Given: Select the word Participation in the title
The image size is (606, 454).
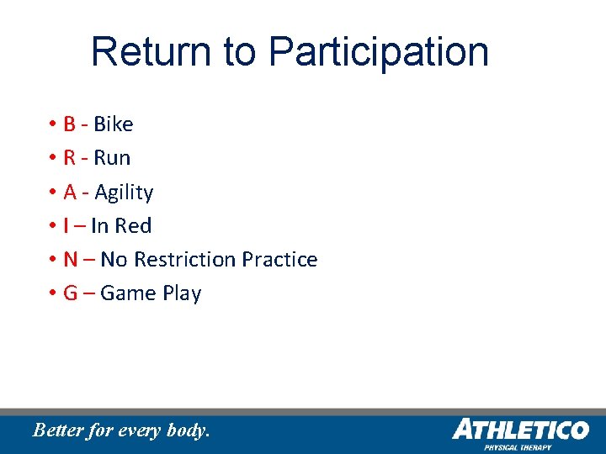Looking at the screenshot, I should [x=379, y=52].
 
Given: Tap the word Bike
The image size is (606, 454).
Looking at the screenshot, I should [x=114, y=124].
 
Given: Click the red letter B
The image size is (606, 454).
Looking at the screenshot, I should [x=69, y=124].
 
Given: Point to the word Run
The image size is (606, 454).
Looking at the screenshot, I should [x=112, y=158].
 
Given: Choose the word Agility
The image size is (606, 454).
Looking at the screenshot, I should [x=124, y=193].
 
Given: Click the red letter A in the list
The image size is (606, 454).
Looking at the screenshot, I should [x=70, y=193].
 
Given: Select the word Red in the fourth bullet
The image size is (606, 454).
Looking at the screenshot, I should [x=133, y=226].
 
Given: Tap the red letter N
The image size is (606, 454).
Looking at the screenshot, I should [x=71, y=260].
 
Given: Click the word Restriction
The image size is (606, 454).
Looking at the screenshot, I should [x=185, y=260].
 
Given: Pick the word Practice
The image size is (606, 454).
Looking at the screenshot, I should [x=279, y=260].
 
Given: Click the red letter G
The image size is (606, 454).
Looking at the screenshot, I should [x=71, y=293].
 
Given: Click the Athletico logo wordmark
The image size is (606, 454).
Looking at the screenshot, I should [x=520, y=430].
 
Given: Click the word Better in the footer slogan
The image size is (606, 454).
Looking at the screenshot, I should [x=58, y=430].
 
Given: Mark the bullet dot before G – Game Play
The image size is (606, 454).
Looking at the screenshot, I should [x=51, y=293].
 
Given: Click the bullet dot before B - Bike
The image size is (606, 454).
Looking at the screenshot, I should [x=51, y=124].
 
